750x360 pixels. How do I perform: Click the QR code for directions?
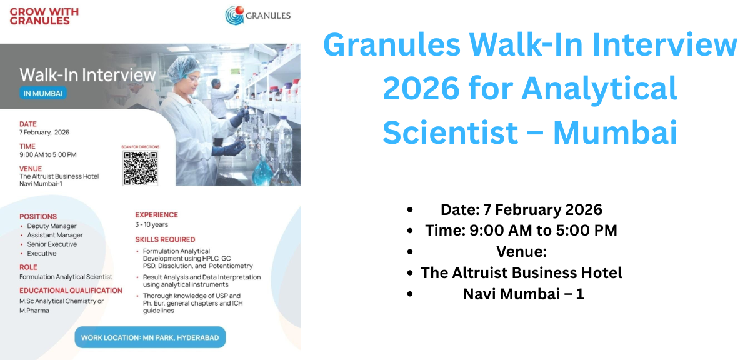pos(140,167)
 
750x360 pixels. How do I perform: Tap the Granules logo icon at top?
pos(235,15)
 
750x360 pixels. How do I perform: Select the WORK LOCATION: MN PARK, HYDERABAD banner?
pos(150,337)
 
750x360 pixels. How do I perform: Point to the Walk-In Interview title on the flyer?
pos(87,75)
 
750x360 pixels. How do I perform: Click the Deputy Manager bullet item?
pos(51,226)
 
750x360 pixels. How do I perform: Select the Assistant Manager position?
pos(54,235)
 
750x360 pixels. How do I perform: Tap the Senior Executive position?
pos(52,244)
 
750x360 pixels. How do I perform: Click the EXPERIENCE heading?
pos(156,215)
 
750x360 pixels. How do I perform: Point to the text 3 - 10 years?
pos(151,224)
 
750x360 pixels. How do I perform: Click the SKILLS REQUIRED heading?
pos(165,239)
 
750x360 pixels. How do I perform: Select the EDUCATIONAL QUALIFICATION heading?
pos(71,291)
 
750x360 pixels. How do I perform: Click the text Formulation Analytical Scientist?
pos(66,277)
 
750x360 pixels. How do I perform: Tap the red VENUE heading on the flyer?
pos(31,169)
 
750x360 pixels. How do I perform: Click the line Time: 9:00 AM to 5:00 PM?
pos(521,231)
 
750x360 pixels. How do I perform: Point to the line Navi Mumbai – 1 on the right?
pos(523,294)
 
